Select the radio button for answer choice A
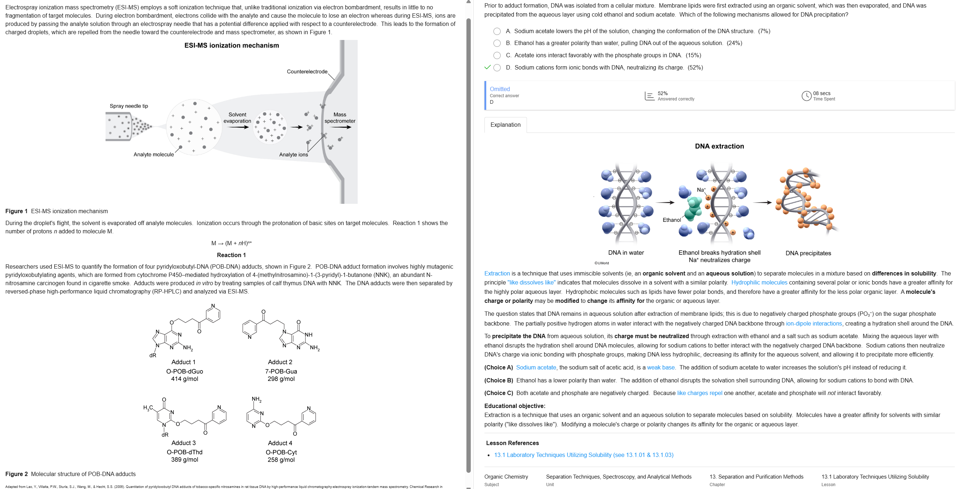(x=497, y=31)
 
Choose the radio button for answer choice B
(x=497, y=43)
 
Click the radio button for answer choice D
(x=497, y=68)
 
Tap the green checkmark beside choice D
(x=487, y=67)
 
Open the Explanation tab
(x=505, y=125)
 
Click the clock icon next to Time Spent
(x=806, y=96)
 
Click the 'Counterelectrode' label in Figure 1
(x=307, y=72)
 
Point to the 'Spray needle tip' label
(x=129, y=106)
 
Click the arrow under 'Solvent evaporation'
(x=238, y=127)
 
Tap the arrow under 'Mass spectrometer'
(x=340, y=127)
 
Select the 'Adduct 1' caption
(x=183, y=362)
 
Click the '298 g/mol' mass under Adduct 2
(x=281, y=379)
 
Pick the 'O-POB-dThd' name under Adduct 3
(x=184, y=452)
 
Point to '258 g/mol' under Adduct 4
(x=281, y=460)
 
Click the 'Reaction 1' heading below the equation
(x=231, y=255)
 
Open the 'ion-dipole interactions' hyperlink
(x=814, y=323)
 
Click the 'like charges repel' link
(x=699, y=393)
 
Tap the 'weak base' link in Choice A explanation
(x=661, y=367)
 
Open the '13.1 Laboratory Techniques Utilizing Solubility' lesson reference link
(x=583, y=455)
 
